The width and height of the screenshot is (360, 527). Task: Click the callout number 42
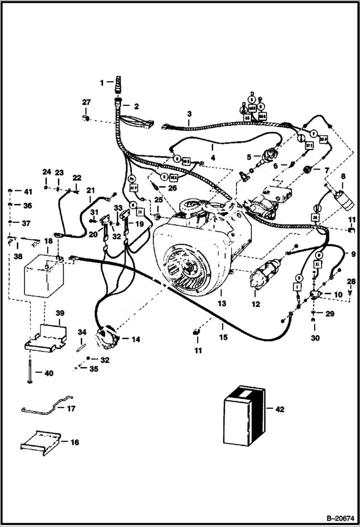(x=279, y=409)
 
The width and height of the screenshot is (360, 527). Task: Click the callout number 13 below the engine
(x=221, y=304)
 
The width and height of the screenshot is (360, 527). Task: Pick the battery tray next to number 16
(x=42, y=442)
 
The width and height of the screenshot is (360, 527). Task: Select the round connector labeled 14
(x=108, y=339)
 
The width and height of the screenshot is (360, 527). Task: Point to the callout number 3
(x=189, y=114)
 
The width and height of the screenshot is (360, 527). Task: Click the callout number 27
(x=86, y=102)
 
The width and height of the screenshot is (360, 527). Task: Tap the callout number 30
(x=315, y=338)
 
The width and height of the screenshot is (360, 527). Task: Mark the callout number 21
(x=90, y=190)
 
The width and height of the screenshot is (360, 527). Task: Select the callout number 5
(x=248, y=157)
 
